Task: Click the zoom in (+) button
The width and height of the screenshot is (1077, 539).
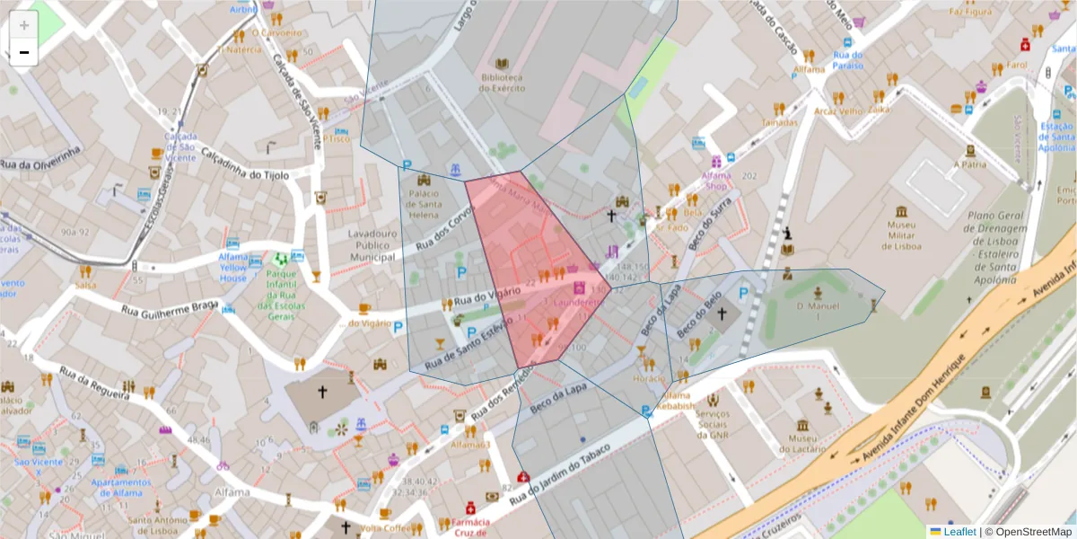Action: (24, 25)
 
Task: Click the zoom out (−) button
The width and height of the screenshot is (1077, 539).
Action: (24, 52)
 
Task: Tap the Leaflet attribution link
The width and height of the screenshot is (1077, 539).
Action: (959, 532)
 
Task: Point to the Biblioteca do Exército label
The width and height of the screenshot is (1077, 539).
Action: (502, 83)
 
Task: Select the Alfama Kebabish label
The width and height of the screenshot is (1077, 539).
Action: (678, 402)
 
